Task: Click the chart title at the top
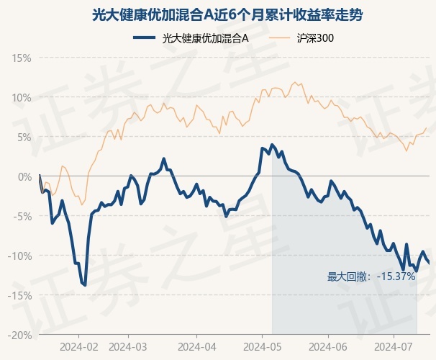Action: pyautogui.click(x=227, y=14)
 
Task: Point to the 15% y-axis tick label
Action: pyautogui.click(x=21, y=58)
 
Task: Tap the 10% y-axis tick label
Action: pyautogui.click(x=21, y=98)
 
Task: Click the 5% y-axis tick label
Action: pyautogui.click(x=24, y=138)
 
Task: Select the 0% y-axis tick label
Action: pyautogui.click(x=24, y=177)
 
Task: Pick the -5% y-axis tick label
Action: pyautogui.click(x=22, y=217)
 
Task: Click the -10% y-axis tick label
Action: pyautogui.click(x=19, y=256)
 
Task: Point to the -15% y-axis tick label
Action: pyautogui.click(x=19, y=296)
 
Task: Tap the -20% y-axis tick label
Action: pyautogui.click(x=19, y=336)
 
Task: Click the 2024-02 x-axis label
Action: pyautogui.click(x=79, y=347)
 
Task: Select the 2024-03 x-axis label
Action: pyautogui.click(x=128, y=347)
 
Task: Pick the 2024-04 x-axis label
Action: pyautogui.click(x=197, y=347)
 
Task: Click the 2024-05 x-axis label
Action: pyautogui.click(x=262, y=347)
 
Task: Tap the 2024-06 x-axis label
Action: pyautogui.click(x=328, y=347)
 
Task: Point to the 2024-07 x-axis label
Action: pyautogui.click(x=394, y=347)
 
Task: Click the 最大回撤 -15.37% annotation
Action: pyautogui.click(x=371, y=276)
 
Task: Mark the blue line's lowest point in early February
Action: pyautogui.click(x=85, y=285)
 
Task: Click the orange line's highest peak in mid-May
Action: pyautogui.click(x=295, y=82)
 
